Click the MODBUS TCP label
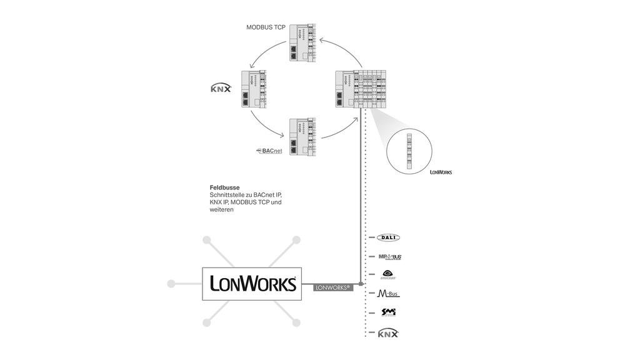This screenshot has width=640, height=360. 266,27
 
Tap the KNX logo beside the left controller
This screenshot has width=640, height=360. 221,89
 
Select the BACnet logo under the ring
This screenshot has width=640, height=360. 269,151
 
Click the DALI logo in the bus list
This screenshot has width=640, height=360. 388,237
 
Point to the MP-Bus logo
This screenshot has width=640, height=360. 389,256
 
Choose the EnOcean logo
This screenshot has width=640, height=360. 388,274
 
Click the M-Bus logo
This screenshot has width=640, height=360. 389,293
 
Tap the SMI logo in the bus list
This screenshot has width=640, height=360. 389,312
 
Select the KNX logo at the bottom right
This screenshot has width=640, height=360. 388,333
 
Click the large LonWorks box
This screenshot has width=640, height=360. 252,284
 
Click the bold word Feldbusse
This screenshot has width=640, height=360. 224,187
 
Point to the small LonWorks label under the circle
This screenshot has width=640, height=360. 441,171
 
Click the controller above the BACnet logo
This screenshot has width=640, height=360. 302,137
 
